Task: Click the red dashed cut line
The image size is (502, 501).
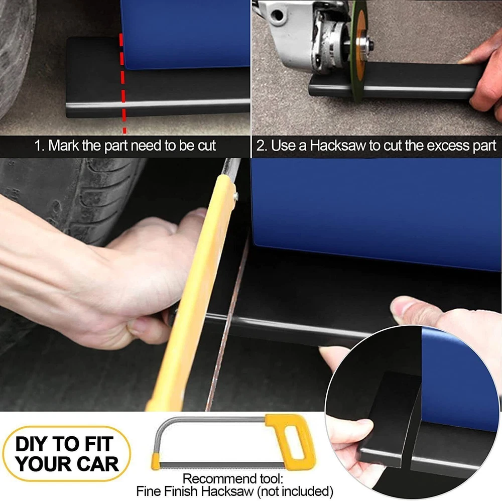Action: point(122,83)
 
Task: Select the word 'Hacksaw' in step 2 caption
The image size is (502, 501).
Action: point(338,146)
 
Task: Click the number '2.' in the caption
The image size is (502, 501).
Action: point(262,146)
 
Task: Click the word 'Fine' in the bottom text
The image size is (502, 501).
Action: point(147,491)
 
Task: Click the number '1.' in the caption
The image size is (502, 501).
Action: point(39,146)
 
